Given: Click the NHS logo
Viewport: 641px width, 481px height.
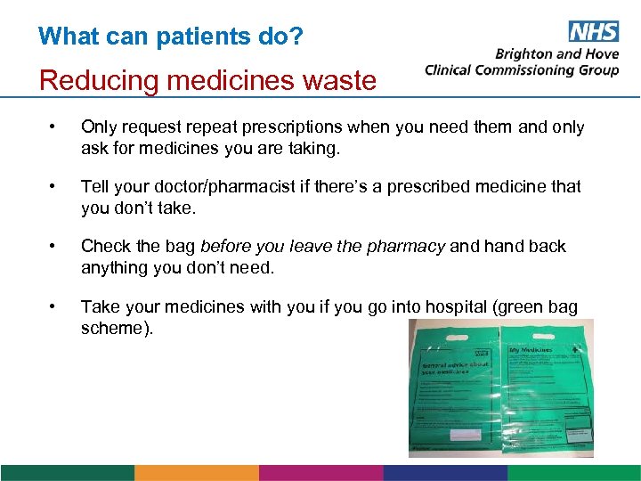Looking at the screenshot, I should click(593, 32).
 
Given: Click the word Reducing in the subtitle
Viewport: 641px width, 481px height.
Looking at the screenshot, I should click(88, 80).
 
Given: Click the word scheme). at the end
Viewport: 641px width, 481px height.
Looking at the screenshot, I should click(117, 328).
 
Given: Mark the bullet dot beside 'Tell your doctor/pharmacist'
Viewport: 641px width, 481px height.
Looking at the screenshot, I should click(55, 187).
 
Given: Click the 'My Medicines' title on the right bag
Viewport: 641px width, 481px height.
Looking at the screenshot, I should click(530, 350).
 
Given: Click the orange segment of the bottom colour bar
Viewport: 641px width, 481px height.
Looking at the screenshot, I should click(196, 473).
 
